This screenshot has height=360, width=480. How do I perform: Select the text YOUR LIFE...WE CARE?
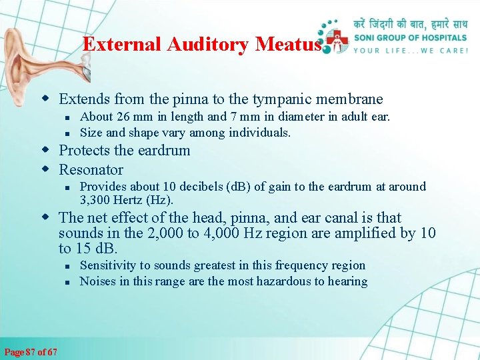[410, 51]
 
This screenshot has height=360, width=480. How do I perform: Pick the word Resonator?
[91, 169]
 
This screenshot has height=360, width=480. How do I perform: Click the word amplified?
[360, 233]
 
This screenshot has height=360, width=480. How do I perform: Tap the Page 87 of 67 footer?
[31, 352]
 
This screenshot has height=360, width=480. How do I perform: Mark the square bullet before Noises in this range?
[68, 281]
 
